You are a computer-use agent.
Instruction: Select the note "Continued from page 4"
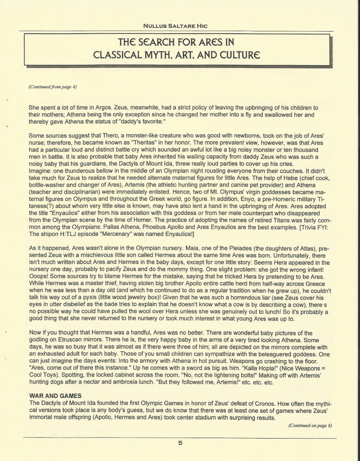(52, 86)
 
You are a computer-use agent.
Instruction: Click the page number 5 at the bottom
(180, 443)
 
